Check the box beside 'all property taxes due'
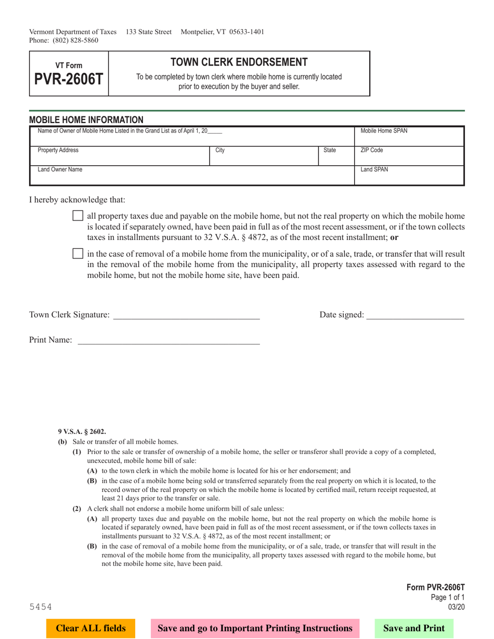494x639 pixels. tap(77, 216)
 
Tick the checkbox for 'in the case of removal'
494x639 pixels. tap(77, 254)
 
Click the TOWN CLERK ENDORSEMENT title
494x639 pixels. tap(239, 62)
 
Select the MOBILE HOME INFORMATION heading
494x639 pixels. tap(86, 119)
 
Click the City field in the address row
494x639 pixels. tap(264, 156)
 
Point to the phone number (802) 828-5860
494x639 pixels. tap(75, 40)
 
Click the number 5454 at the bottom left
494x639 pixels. tap(41, 607)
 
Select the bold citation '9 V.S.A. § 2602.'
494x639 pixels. tap(82, 431)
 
